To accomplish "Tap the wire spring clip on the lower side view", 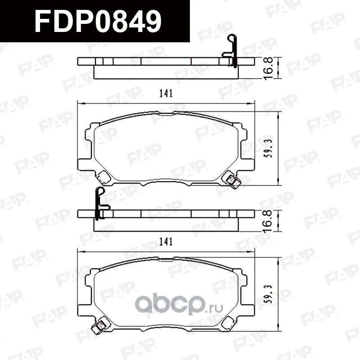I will click(x=101, y=202).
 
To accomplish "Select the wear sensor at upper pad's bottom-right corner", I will click(x=233, y=180).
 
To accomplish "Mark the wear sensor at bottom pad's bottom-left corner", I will click(x=99, y=328).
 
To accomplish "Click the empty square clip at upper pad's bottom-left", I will click(x=104, y=177).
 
